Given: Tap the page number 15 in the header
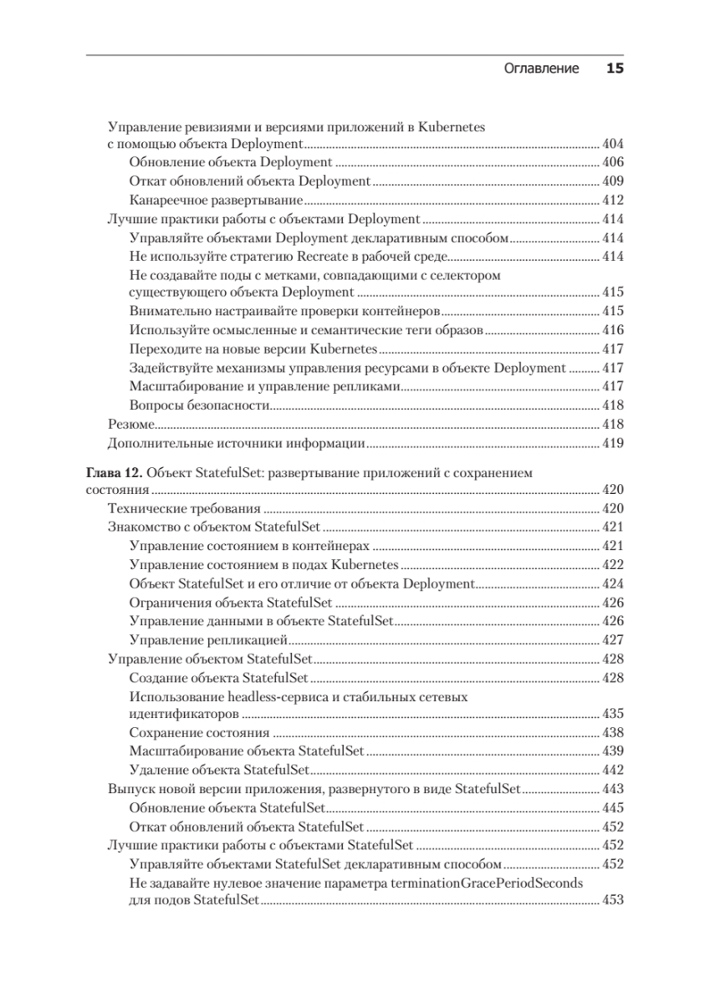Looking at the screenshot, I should click(615, 69).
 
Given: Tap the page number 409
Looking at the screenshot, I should click(613, 182).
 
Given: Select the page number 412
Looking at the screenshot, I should click(613, 201).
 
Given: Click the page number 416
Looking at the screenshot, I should click(613, 330).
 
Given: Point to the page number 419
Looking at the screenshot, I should click(613, 442).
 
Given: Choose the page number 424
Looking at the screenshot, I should click(613, 583).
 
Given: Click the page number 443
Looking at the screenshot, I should click(613, 788).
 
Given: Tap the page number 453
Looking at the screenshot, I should click(613, 900).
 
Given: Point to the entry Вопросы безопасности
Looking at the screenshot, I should click(200, 405).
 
